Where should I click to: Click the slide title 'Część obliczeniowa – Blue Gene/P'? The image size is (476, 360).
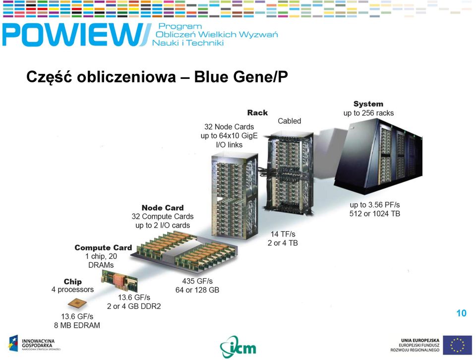click(157, 76)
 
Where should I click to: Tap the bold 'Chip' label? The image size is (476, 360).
click(72, 281)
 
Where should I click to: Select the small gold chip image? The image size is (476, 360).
click(77, 303)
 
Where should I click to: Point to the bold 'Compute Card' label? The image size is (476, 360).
click(103, 247)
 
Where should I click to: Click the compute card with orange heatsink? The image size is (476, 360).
click(119, 280)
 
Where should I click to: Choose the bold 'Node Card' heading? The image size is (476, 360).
click(163, 208)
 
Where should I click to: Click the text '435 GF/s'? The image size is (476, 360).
click(197, 281)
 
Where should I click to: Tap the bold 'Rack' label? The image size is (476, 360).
click(257, 113)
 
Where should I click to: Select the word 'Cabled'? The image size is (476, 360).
click(289, 121)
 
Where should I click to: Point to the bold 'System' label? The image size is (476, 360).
click(368, 104)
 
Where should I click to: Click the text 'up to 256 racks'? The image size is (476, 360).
click(368, 113)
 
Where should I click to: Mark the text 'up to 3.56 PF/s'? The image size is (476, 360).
click(375, 205)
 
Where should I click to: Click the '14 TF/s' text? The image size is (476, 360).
click(283, 234)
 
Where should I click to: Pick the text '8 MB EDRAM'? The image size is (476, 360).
click(77, 325)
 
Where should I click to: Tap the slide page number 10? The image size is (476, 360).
click(462, 313)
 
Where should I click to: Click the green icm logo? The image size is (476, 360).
click(238, 347)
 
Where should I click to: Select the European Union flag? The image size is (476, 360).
click(457, 345)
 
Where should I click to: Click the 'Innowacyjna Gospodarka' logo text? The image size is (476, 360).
click(38, 343)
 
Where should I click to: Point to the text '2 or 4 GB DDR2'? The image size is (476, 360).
click(134, 306)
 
